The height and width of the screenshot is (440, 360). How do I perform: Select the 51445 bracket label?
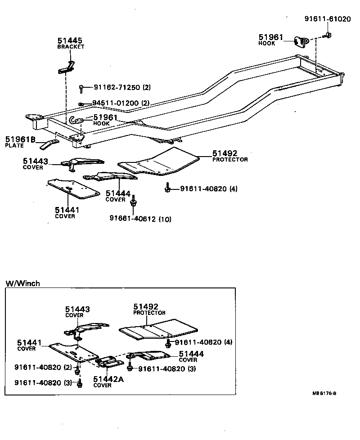pyautogui.click(x=70, y=41)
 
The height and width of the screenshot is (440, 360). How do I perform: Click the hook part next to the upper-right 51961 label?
pyautogui.click(x=301, y=41)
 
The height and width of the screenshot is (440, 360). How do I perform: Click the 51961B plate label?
pyautogui.click(x=20, y=139)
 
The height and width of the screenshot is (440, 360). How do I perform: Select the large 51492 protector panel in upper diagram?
pyautogui.click(x=162, y=162)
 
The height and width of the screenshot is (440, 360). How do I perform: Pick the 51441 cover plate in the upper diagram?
pyautogui.click(x=73, y=189)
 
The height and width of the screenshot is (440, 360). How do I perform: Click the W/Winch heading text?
pyautogui.click(x=22, y=283)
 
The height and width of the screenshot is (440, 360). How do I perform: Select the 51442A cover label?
pyautogui.click(x=108, y=379)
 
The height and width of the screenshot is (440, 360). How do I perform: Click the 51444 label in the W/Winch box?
pyautogui.click(x=191, y=355)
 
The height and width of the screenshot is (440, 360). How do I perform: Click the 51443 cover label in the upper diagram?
pyautogui.click(x=36, y=160)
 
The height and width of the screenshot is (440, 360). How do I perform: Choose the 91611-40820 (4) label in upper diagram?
pyautogui.click(x=208, y=189)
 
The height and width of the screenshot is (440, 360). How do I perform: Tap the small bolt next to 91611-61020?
pyautogui.click(x=328, y=35)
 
